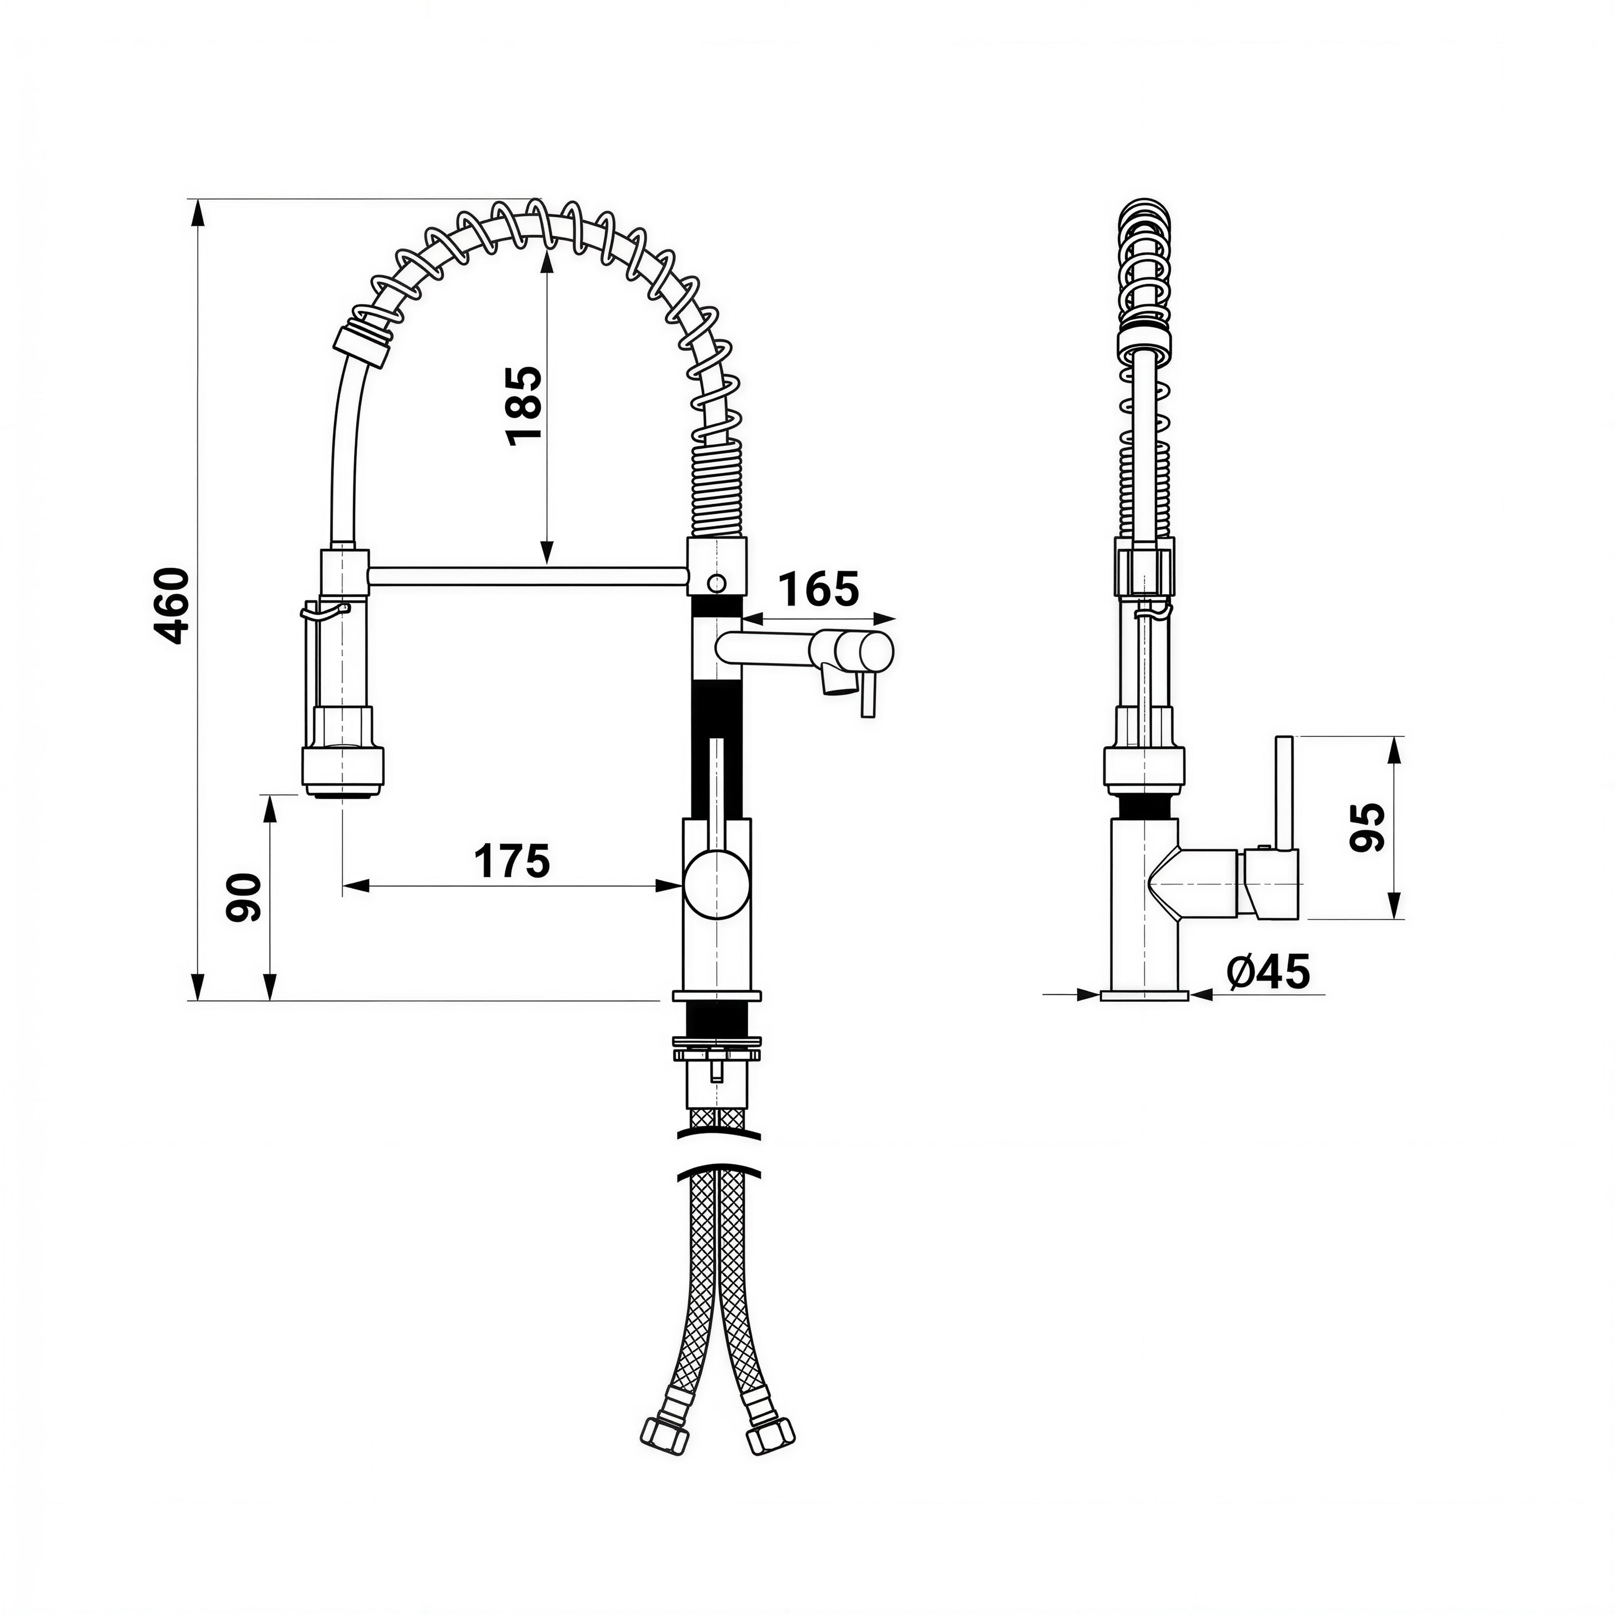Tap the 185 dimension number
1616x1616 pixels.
pyautogui.click(x=524, y=405)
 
